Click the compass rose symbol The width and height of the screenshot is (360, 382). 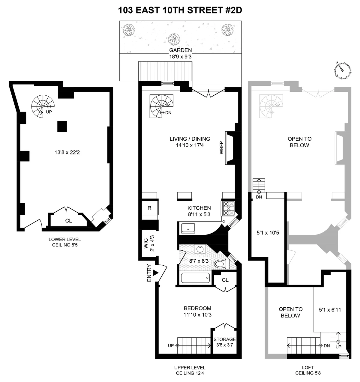tap(342, 71)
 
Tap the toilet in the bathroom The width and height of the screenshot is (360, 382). tap(221, 264)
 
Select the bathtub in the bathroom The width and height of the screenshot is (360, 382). tap(195, 279)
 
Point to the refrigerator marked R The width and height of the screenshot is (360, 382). tap(149, 208)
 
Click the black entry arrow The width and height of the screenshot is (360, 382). tap(155, 273)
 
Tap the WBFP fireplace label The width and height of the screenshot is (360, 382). tap(221, 148)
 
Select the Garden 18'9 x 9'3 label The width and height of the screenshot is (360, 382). tap(180, 53)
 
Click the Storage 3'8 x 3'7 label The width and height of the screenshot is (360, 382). tap(225, 342)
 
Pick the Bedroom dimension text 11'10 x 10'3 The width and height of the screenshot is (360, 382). tap(197, 315)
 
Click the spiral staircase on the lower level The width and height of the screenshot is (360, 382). tap(43, 106)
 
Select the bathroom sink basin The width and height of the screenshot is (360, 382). tap(199, 249)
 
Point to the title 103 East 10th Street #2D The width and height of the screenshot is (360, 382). tap(180, 10)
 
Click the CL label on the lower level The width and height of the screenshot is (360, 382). tap(68, 221)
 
